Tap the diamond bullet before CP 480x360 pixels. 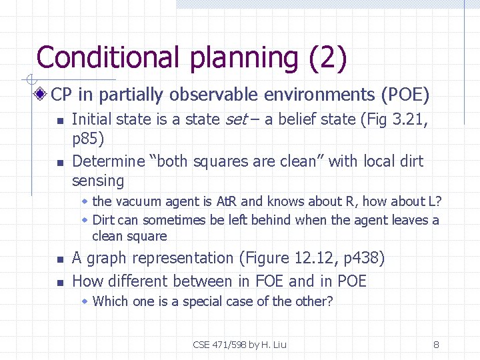(x=43, y=95)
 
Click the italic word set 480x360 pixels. (x=237, y=120)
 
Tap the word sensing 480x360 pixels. (x=98, y=181)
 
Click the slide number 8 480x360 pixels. (x=436, y=345)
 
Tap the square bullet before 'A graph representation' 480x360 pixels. (x=59, y=259)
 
